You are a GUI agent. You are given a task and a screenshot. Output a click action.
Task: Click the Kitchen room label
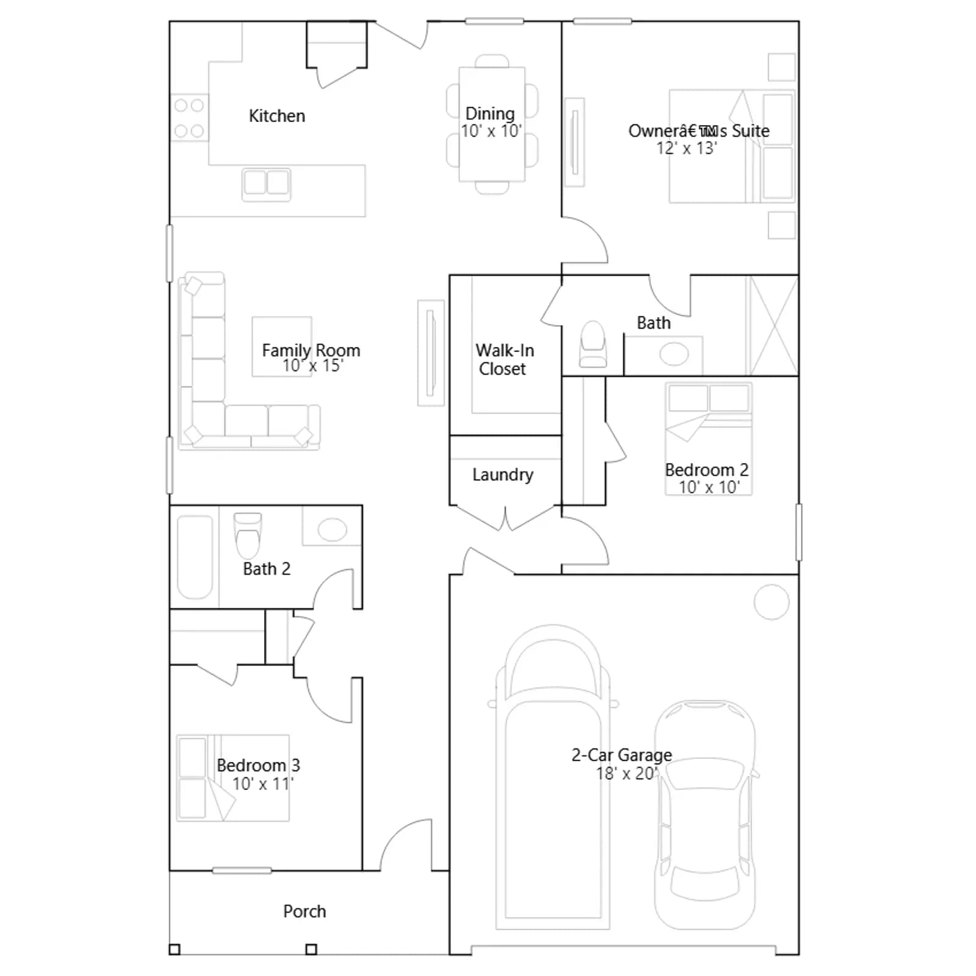[x=277, y=116]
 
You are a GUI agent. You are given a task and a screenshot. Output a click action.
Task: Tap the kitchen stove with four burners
[x=189, y=118]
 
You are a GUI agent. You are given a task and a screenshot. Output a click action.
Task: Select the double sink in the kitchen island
[x=267, y=184]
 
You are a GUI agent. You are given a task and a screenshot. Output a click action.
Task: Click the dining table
[x=492, y=124]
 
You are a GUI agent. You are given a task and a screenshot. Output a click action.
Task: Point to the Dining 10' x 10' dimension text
[x=491, y=131]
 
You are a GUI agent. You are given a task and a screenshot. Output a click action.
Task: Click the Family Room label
[x=311, y=350]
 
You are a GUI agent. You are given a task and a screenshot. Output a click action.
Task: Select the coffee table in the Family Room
[x=282, y=346]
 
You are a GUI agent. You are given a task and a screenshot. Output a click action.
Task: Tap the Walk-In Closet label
[x=504, y=359]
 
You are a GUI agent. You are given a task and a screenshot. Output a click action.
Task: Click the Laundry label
[x=503, y=475]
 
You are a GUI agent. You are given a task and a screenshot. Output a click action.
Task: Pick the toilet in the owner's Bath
[x=593, y=344]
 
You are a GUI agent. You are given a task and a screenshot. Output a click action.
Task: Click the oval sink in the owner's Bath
[x=674, y=354]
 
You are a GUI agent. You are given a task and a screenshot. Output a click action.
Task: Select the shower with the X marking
[x=772, y=325]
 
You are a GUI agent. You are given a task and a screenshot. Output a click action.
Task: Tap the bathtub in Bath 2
[x=195, y=557]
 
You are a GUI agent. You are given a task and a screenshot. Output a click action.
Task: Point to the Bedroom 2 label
[x=706, y=470]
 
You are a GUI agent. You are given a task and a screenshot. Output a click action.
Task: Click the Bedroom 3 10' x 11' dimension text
[x=263, y=784]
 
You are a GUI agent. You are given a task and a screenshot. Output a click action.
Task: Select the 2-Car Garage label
[x=622, y=755]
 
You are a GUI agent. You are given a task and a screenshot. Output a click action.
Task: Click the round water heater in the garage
[x=772, y=602]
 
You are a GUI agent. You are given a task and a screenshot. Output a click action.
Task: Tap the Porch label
[x=304, y=911]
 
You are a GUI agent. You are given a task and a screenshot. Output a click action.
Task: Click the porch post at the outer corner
[x=174, y=949]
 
